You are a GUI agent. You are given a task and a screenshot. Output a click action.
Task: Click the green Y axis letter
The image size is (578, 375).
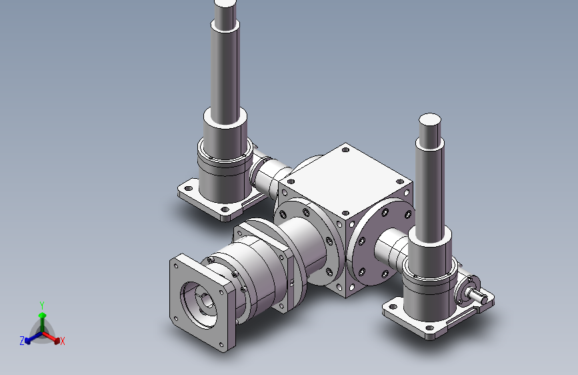(x=41, y=304)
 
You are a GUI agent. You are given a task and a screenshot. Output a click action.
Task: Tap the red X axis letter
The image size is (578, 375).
(x=63, y=342)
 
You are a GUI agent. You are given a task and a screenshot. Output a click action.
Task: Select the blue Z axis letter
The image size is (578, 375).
(x=22, y=341)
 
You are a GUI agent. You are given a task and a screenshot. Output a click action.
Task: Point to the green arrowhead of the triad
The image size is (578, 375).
(x=41, y=314)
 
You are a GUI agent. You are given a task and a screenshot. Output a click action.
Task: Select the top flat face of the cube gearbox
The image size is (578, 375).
(x=345, y=171)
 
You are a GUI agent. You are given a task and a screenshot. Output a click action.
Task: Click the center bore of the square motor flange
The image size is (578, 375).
(x=200, y=304)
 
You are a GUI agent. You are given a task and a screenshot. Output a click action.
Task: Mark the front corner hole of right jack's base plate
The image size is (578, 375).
(x=428, y=330)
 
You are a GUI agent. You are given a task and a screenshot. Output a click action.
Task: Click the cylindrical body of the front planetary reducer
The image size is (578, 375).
(x=257, y=274)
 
